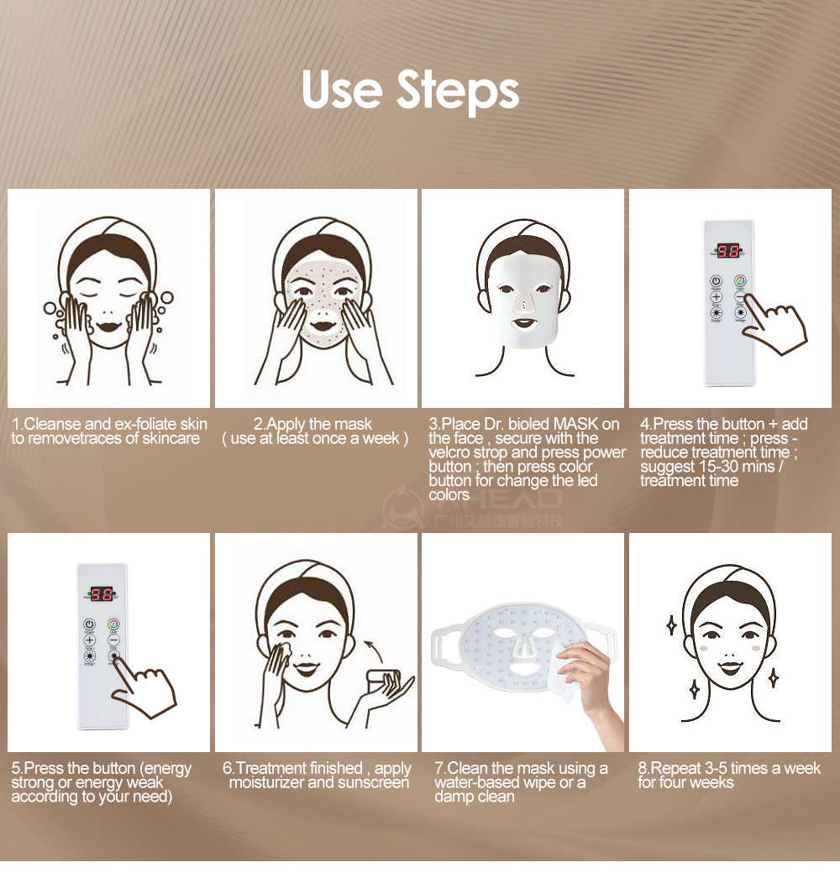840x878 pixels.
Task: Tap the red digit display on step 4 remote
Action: pyautogui.click(x=728, y=250)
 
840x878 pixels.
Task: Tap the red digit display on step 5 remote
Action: pyautogui.click(x=102, y=594)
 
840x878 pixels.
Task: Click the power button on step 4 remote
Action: pyautogui.click(x=717, y=281)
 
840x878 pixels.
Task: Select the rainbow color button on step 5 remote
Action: pyautogui.click(x=113, y=625)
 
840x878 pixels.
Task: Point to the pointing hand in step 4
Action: pyautogui.click(x=774, y=327)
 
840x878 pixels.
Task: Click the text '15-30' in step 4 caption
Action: pyautogui.click(x=733, y=467)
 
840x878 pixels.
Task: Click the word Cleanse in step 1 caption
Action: pyautogui.click(x=54, y=424)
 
